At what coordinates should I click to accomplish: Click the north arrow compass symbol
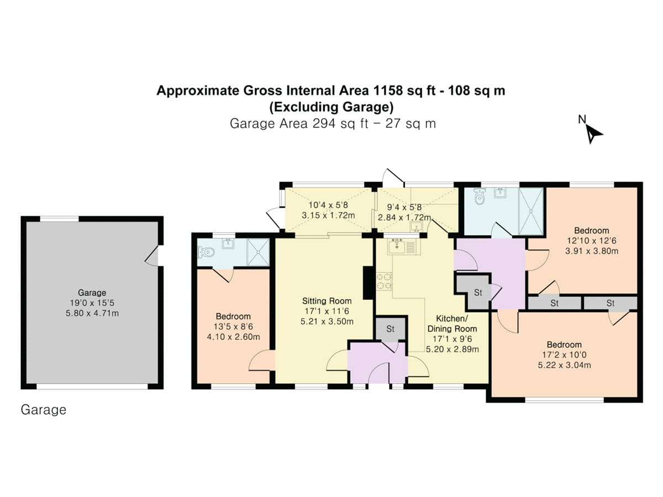click(593, 133)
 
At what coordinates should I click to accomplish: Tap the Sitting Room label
click(327, 301)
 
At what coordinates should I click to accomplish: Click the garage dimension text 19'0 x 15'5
click(92, 303)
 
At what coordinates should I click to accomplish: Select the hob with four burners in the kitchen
click(384, 281)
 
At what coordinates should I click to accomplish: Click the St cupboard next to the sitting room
click(390, 329)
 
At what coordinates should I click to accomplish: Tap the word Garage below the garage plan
click(43, 410)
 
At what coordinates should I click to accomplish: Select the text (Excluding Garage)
click(331, 106)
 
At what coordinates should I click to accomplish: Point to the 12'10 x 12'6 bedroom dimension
click(591, 241)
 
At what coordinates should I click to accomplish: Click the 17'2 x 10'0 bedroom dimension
click(565, 355)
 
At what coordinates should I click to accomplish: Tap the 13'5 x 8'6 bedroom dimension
click(233, 327)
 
